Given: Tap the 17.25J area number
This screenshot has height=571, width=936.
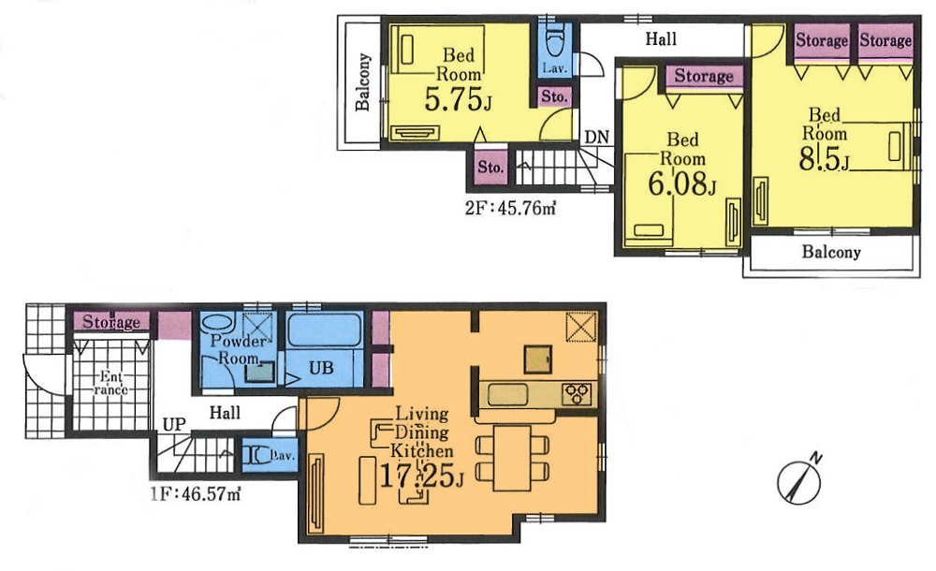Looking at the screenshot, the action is [422, 476].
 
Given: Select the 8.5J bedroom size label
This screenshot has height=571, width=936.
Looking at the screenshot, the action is [824, 158].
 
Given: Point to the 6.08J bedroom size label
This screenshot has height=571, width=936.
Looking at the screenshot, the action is [681, 183].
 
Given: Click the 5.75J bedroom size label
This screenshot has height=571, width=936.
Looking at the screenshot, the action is [458, 99].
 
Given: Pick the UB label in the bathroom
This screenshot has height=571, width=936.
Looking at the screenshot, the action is [321, 368].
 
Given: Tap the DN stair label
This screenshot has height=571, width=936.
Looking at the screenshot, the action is [597, 138].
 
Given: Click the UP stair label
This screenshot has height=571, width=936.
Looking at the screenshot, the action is [174, 425].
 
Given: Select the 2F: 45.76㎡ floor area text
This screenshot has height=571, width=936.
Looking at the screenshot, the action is [510, 208].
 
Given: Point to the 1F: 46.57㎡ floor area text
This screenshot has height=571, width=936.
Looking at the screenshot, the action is [196, 494].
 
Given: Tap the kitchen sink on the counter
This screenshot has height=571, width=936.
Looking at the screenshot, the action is [507, 395].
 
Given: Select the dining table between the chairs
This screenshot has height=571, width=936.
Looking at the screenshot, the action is [512, 458].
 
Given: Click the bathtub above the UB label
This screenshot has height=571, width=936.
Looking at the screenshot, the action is [324, 330].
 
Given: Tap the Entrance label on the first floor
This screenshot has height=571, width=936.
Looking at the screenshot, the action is [111, 384].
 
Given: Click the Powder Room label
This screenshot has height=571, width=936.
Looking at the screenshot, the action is [238, 350].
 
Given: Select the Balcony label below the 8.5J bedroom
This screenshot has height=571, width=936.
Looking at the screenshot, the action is [831, 252].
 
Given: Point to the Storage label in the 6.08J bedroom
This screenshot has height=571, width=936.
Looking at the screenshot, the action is [704, 77].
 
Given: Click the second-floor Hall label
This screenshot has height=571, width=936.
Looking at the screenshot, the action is [661, 39].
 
